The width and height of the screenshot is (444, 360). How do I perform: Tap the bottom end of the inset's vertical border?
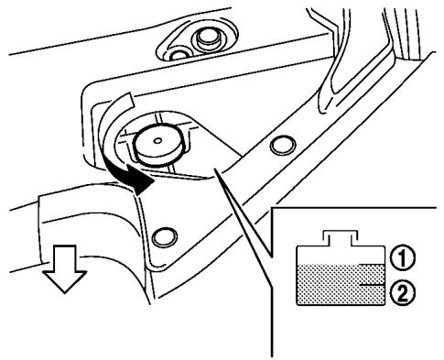273,354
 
